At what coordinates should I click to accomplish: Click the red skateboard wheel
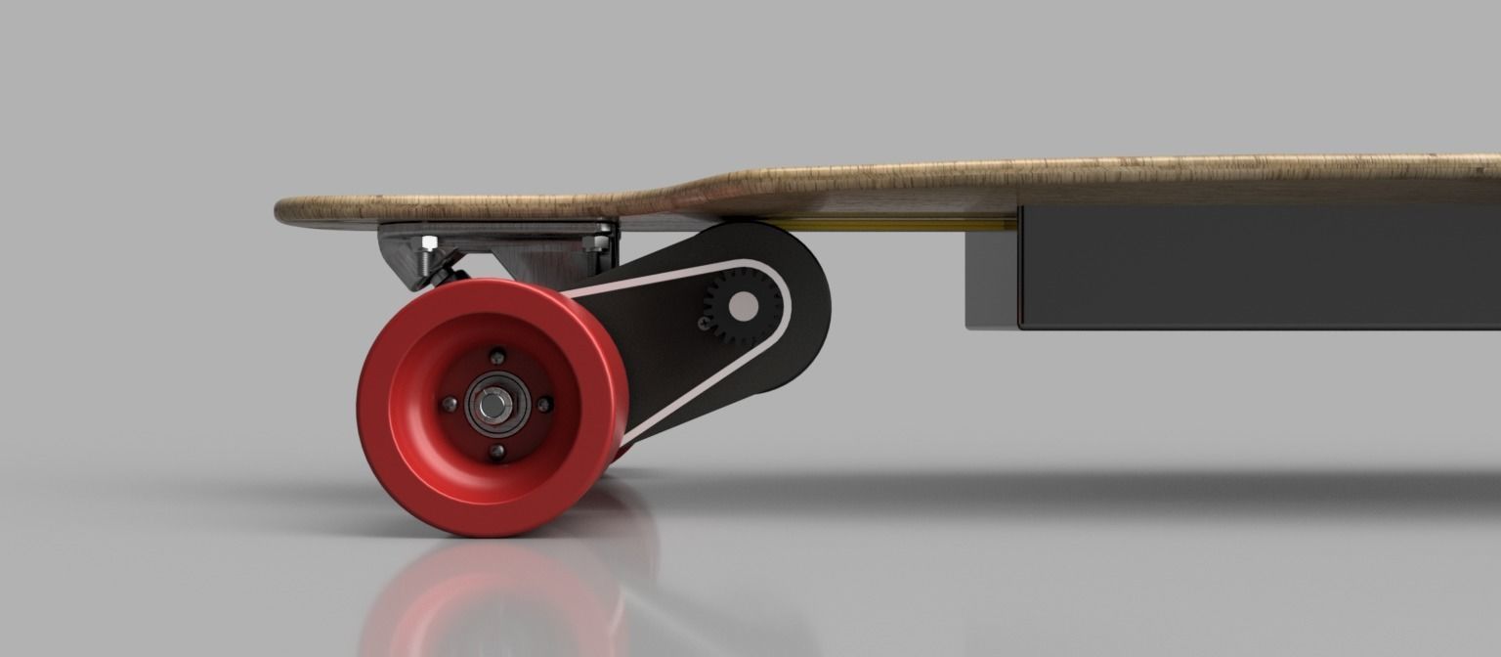(x=410, y=460)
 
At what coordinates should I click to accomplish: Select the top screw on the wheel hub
(x=498, y=355)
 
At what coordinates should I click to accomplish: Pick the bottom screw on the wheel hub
(x=496, y=451)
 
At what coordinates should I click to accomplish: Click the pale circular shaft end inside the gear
(x=742, y=306)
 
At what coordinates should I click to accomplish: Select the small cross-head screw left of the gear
(x=705, y=319)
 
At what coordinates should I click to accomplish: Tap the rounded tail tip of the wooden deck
(x=283, y=210)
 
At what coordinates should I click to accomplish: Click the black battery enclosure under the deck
(x=1251, y=266)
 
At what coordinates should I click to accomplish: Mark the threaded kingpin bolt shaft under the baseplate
(x=426, y=262)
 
